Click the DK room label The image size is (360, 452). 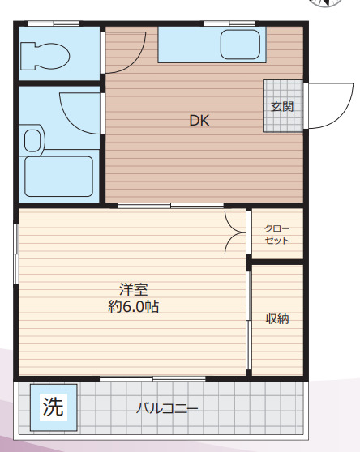199,121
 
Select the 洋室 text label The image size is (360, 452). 133,289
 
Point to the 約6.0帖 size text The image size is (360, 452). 133,307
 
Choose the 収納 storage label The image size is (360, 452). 277,318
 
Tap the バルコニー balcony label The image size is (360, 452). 166,407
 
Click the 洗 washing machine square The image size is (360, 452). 54,406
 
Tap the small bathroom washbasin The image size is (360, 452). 32,141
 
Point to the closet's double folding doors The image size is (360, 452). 236,232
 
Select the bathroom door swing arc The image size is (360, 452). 81,113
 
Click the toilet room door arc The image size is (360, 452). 126,51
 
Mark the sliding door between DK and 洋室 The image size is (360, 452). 170,206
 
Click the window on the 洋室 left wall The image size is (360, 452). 16,252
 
